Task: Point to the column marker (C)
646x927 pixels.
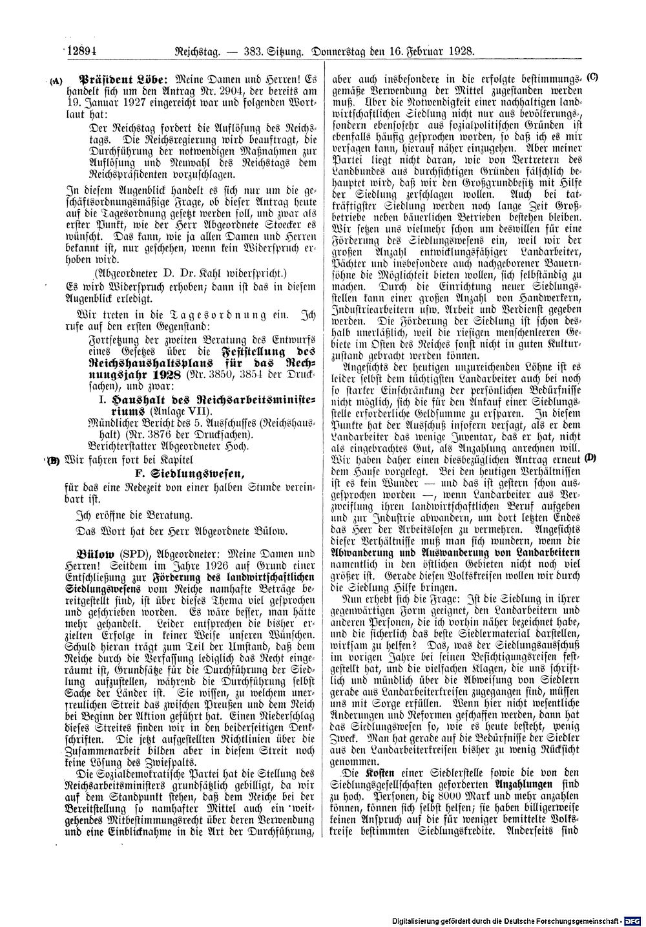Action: tap(592, 77)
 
